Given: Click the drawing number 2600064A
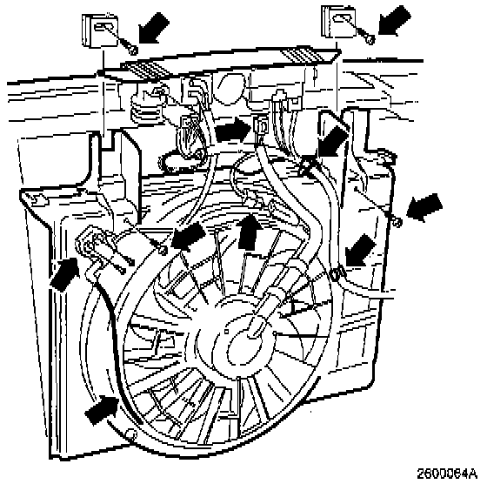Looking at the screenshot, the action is coord(447,474).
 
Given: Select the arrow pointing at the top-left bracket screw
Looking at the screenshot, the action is coord(155,27).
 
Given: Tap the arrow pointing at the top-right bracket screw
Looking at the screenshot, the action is coord(395,20).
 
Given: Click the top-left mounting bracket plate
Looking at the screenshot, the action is coord(100,30).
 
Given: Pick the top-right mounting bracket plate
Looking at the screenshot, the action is coord(338,21).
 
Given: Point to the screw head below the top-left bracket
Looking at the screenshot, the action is coord(133,50).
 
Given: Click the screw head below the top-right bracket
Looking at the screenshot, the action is coord(370,39).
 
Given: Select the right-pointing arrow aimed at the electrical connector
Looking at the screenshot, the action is coord(233,129).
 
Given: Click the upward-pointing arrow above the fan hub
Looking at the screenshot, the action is coord(249,232).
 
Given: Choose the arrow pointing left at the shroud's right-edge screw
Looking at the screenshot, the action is coord(424,207).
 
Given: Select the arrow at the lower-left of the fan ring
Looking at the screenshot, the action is coord(101,410).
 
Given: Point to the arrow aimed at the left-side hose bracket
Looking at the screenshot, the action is coord(65,274).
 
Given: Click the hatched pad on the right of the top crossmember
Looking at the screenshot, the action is coord(308,55).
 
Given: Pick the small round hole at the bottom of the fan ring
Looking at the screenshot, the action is coord(130,433).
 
